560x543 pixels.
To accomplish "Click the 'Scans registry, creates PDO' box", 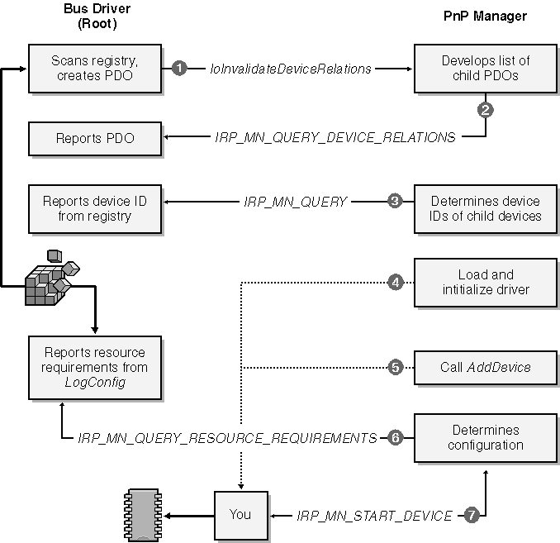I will (x=93, y=69).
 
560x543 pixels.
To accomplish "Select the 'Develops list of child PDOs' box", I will (x=485, y=69).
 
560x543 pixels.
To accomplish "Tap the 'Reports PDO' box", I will (x=93, y=138).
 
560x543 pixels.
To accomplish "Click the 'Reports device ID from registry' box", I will (x=93, y=208).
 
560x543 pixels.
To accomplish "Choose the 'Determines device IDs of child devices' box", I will (x=485, y=208).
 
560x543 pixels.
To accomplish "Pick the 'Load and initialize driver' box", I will (x=485, y=282).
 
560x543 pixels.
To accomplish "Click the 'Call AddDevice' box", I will (x=485, y=367).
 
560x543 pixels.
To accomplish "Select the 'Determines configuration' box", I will (x=485, y=437).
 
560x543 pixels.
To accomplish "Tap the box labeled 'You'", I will (x=240, y=514).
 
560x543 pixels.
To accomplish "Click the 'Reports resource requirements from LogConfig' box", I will (x=93, y=367).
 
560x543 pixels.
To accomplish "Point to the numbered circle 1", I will (x=178, y=69).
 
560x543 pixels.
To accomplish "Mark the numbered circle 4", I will (x=396, y=282).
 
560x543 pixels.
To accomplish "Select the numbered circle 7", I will (x=471, y=515).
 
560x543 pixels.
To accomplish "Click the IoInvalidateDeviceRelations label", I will (x=291, y=69).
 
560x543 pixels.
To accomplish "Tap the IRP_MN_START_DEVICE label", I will (x=374, y=516).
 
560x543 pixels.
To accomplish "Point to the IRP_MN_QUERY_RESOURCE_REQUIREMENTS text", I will (x=227, y=438).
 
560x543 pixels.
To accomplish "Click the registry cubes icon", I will (x=51, y=278).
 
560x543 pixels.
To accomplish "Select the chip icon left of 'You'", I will (x=144, y=515).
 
